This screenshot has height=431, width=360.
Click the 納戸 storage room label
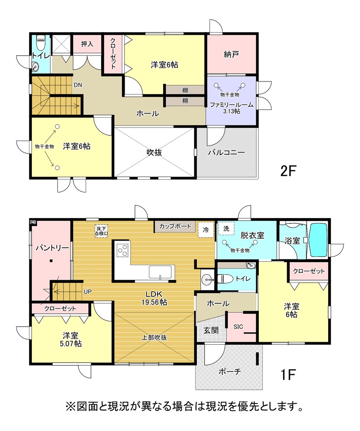pyautogui.click(x=231, y=54)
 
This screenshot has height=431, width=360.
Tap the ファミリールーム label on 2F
pyautogui.click(x=232, y=105)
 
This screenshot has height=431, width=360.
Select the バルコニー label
pyautogui.click(x=226, y=152)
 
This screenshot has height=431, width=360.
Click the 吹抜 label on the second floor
pyautogui.click(x=154, y=152)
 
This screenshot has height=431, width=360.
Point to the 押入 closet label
pyautogui.click(x=87, y=44)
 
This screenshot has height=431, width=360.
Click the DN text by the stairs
pyautogui.click(x=78, y=85)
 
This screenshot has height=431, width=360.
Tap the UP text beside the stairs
pyautogui.click(x=87, y=292)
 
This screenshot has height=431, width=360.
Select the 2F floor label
pyautogui.click(x=288, y=171)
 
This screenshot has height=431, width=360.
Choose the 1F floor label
pyautogui.click(x=288, y=375)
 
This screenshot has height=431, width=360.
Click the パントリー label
pyautogui.click(x=53, y=248)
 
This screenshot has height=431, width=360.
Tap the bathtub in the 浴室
pyautogui.click(x=319, y=239)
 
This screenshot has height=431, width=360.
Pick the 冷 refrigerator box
pyautogui.click(x=206, y=230)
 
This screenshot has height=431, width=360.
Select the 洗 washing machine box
pyautogui.click(x=226, y=228)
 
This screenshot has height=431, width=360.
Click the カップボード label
pyautogui.click(x=175, y=226)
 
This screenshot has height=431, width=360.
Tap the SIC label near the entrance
pyautogui.click(x=239, y=327)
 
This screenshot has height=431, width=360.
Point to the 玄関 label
pyautogui.click(x=211, y=330)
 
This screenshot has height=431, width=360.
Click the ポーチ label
pyautogui.click(x=230, y=372)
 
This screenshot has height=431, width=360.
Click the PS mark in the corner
pyautogui.click(x=33, y=222)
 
